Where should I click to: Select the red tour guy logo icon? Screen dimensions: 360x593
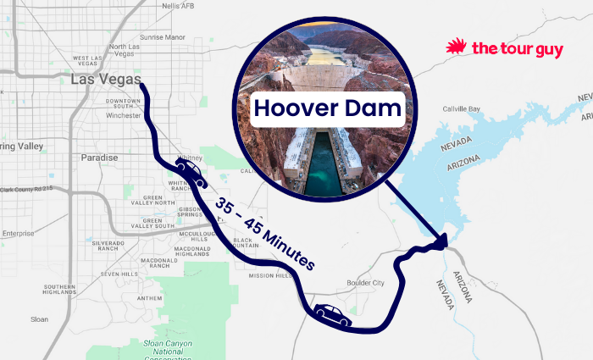458,47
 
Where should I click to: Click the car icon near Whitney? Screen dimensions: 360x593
190,172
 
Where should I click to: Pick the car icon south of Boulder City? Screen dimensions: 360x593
332,315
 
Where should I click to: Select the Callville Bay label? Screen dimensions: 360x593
462,109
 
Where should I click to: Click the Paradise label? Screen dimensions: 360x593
99,158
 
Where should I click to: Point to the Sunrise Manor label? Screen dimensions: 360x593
162,37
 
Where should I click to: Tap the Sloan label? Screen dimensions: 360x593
39,319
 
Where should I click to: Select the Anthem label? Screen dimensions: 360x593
149,298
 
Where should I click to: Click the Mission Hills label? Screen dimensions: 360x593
269,276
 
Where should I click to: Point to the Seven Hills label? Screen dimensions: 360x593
119,274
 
